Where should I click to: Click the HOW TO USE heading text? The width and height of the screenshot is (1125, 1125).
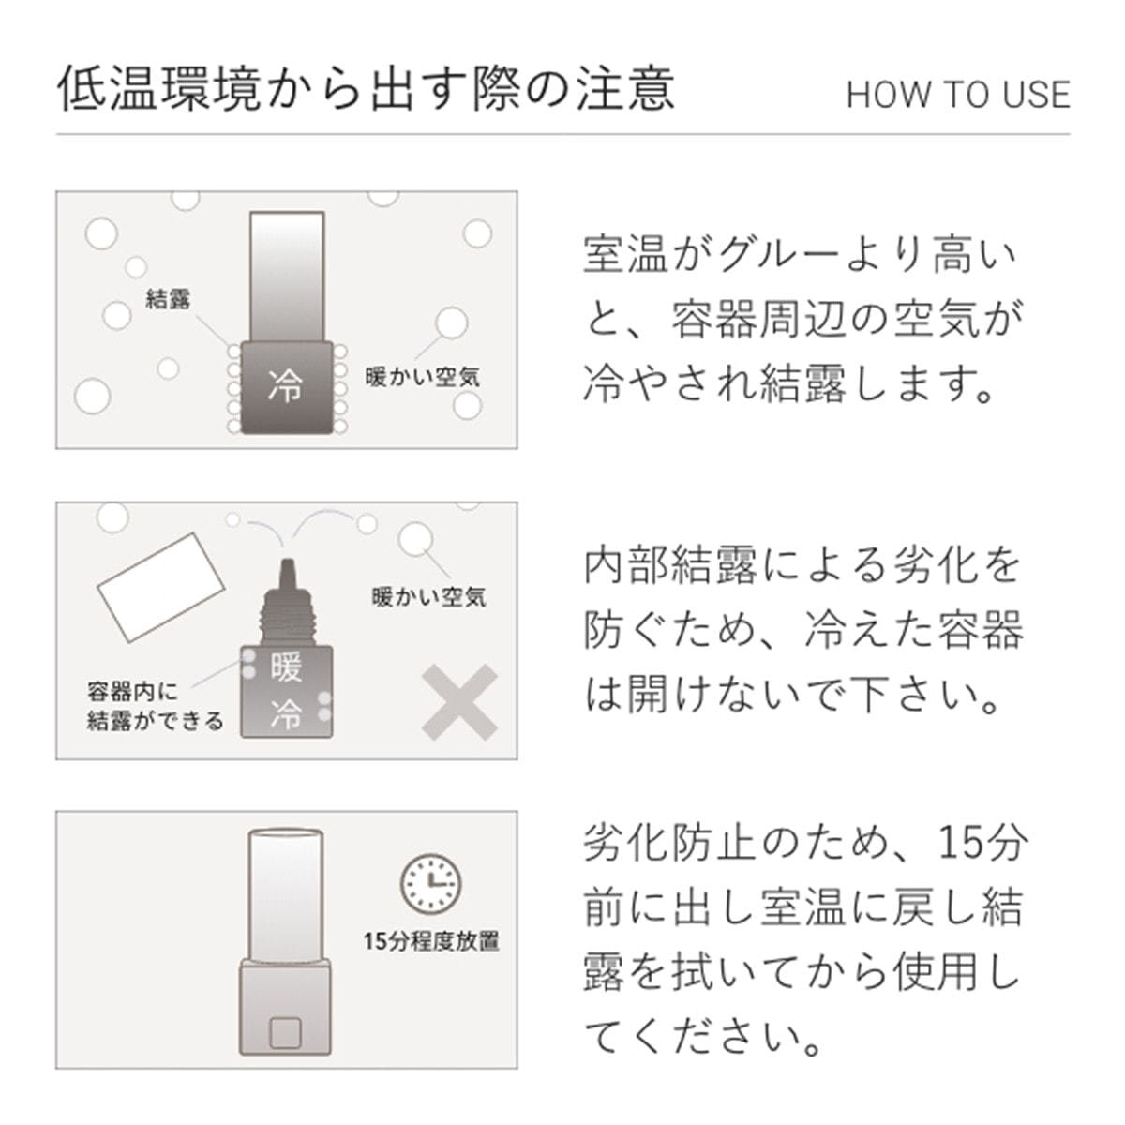click(x=958, y=95)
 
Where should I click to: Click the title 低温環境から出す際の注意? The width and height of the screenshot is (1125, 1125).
click(x=366, y=89)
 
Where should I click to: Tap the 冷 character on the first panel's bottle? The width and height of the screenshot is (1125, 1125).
click(x=286, y=385)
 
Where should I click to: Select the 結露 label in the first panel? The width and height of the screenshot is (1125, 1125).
click(x=168, y=299)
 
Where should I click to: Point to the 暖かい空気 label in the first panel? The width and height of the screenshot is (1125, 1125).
click(x=422, y=377)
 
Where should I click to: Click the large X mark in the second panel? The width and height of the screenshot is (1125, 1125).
click(x=459, y=702)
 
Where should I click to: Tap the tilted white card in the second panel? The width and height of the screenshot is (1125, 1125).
click(x=160, y=587)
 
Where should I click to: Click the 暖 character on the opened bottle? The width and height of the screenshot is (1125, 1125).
click(x=286, y=669)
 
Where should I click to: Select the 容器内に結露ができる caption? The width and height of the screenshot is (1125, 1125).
click(x=155, y=707)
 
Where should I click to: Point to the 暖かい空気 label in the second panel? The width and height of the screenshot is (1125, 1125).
click(x=428, y=596)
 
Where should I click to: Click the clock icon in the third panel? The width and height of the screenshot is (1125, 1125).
click(x=431, y=884)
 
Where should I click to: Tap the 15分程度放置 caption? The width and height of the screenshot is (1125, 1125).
click(x=431, y=940)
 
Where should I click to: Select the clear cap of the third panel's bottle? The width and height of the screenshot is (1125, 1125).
click(x=286, y=896)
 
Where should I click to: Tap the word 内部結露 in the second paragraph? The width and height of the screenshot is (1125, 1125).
click(x=672, y=565)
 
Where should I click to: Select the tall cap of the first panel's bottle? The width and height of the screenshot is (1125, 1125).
click(x=287, y=277)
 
